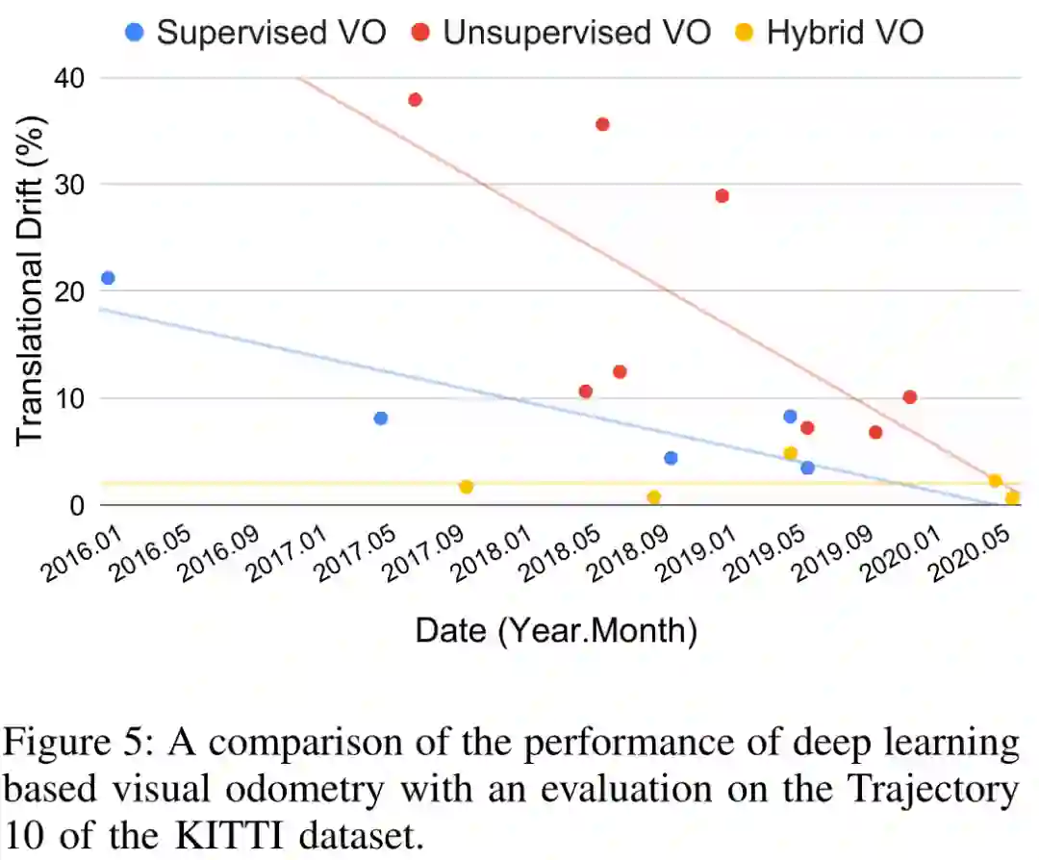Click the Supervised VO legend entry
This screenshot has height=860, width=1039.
pos(257,32)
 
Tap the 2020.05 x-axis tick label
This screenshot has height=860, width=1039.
pos(973,558)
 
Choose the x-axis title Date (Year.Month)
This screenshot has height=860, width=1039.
pos(555,631)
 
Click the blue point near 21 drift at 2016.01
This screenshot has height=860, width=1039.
pos(108,278)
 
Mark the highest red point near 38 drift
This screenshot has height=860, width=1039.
pos(415,100)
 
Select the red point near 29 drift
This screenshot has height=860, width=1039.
pos(722,196)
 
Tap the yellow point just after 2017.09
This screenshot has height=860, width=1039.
pos(466,487)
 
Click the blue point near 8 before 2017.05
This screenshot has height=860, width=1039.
pos(380,418)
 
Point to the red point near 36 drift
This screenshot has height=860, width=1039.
pos(602,124)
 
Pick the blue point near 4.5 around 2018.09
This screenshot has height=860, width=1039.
pos(671,458)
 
